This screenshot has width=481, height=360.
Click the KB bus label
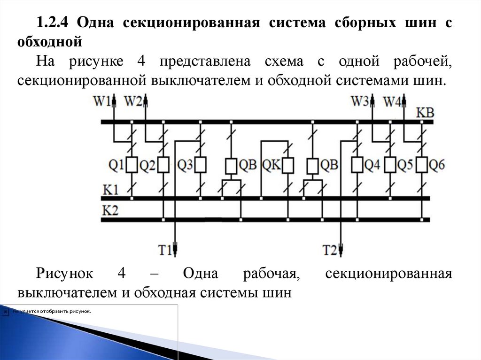[425, 113]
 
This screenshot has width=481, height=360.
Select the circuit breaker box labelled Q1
[132, 165]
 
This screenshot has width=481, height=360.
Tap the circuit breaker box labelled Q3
[201, 165]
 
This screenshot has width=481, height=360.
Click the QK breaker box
[287, 165]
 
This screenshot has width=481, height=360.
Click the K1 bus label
[110, 191]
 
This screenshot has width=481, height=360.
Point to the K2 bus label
[110, 210]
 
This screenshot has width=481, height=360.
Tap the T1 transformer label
[164, 250]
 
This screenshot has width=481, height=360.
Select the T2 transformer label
[330, 250]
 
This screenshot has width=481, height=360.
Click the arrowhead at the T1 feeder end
[175, 247]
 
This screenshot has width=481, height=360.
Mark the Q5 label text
[405, 165]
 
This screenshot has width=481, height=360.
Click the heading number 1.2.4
[53, 23]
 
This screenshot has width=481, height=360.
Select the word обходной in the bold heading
[50, 42]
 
